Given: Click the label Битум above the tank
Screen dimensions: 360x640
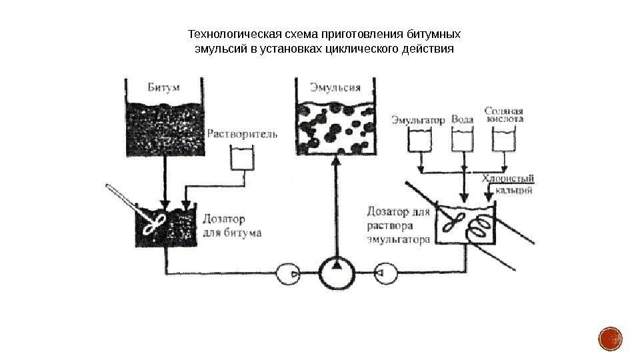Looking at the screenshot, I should [162, 87].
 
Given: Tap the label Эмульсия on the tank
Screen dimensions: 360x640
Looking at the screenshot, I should [335, 87].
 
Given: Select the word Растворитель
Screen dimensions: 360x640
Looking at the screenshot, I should [242, 133].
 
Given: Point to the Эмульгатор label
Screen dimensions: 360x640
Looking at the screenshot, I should [418, 120].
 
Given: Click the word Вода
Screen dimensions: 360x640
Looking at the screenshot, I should [463, 120].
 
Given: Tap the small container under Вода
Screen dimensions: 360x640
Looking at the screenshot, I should [463, 140].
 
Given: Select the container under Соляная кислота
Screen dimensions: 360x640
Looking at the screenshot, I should [503, 140].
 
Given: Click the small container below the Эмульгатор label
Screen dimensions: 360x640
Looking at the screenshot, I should [419, 140].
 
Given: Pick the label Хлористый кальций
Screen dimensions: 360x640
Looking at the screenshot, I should [508, 184].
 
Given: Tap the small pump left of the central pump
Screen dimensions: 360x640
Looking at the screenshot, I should [287, 273].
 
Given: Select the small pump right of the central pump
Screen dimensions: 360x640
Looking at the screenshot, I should [385, 273].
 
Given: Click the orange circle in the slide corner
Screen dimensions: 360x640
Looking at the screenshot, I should [610, 339].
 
